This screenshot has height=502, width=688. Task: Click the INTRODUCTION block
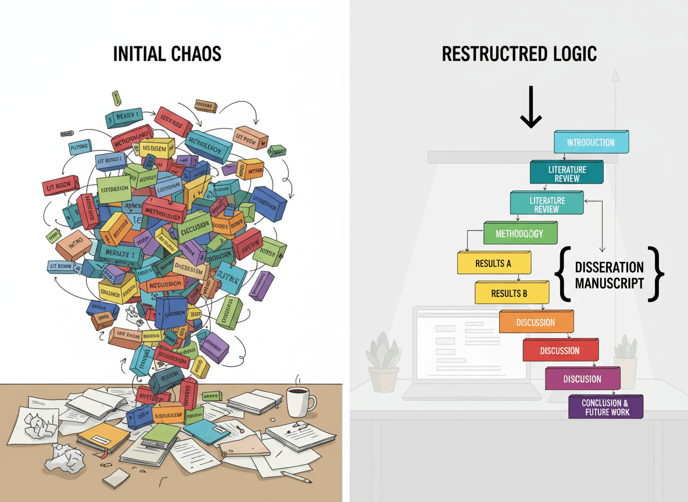click(591, 142)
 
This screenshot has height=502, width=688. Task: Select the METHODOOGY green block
click(519, 234)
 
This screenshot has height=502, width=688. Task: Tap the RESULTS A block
click(493, 263)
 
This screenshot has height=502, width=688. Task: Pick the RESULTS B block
click(510, 293)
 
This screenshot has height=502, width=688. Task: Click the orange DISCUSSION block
click(536, 322)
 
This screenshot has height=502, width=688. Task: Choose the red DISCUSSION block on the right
click(560, 351)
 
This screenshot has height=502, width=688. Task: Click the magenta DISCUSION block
click(582, 379)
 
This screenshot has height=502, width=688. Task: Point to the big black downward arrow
click(531, 107)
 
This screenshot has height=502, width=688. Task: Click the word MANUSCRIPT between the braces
click(610, 283)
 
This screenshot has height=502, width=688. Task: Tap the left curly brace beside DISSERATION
click(562, 274)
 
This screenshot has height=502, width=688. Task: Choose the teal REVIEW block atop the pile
click(124, 118)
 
